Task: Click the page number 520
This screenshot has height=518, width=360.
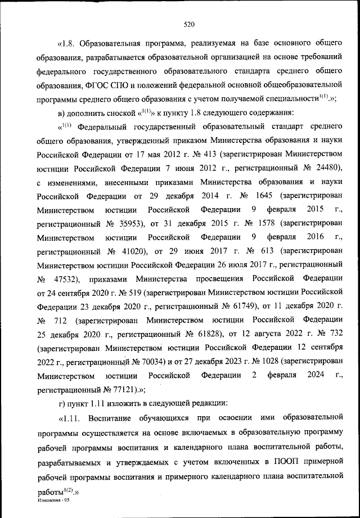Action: pyautogui.click(x=188, y=24)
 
